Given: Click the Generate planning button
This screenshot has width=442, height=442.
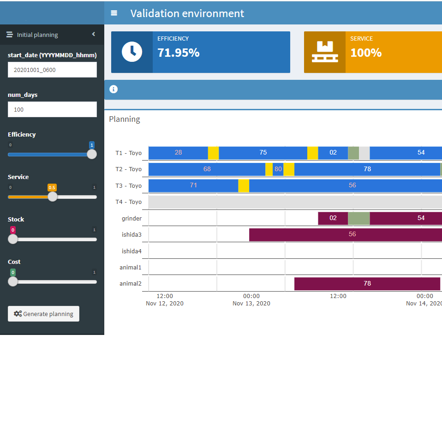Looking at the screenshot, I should coord(43,314).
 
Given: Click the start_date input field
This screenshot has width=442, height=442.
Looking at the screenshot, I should coord(52,70).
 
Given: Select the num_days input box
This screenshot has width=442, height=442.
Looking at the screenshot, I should coord(52,109).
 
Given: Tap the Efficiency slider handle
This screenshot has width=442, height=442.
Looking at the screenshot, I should coord(92,154).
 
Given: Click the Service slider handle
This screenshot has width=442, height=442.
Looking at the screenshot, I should coord(53,197).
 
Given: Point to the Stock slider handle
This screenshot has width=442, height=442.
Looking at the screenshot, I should coord(13,239).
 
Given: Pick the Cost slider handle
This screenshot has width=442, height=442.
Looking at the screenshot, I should coord(13,281).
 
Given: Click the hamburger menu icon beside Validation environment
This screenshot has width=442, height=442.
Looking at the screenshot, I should coord(114,13).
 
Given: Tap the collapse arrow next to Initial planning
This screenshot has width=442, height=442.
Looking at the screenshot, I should coord(94,34).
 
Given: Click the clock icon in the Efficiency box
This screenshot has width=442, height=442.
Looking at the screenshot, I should coord(132,52).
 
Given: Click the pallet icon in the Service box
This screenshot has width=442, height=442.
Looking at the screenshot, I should coord(325,52).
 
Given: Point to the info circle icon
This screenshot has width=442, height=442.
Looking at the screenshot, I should coord(113,89).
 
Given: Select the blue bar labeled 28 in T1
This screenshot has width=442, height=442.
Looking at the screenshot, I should coord(178,153).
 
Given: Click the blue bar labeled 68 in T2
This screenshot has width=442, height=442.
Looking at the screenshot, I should coord(207,169).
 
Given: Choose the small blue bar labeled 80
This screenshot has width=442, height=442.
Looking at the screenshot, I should coord(278,169).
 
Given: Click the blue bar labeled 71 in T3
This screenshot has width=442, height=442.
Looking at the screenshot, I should coord(193,185).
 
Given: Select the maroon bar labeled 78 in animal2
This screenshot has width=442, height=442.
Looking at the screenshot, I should coord(367,283).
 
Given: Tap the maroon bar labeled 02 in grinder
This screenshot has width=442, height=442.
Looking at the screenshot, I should coord(333,218).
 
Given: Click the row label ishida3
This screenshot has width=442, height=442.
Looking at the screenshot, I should coord(131,234).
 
